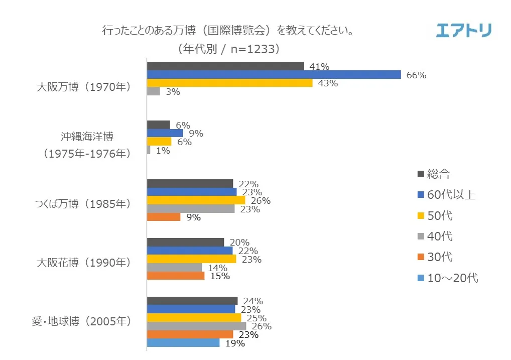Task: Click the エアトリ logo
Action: pos(463,30)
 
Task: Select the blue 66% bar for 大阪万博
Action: pos(274,75)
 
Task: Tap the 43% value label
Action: pos(328,83)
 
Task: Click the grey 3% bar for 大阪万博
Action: pos(153,91)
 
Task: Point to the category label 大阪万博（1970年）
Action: pos(84,86)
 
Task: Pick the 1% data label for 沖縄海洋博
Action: pos(163,150)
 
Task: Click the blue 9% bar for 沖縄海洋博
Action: pos(165,133)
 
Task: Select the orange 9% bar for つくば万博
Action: pos(164,217)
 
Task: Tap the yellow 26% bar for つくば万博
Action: pos(196,200)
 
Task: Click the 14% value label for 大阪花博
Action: pos(217,268)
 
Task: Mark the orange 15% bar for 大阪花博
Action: pos(176,276)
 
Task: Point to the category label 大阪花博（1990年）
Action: pos(84,262)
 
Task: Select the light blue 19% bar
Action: pos(183,343)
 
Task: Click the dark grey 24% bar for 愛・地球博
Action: pos(192,301)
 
